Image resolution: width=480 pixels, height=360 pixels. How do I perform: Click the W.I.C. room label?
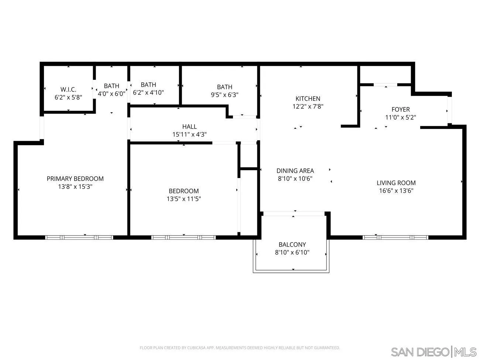click(68, 90)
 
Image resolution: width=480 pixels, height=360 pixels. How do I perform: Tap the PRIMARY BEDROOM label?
click(75, 179)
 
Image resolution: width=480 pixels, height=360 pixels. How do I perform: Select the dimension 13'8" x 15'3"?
click(75, 187)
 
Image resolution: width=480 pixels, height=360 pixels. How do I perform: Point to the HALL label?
click(189, 127)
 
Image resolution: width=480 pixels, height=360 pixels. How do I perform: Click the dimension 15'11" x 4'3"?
click(189, 134)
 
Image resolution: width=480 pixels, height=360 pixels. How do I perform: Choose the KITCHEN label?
click(308, 99)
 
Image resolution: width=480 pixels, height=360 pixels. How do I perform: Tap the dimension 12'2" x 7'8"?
click(308, 107)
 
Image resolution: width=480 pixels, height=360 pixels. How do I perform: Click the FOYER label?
click(401, 109)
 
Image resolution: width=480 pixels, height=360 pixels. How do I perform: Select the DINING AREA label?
click(295, 171)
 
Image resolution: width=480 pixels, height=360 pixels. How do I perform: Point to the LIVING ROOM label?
click(396, 183)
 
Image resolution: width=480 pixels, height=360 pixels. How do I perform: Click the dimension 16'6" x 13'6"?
click(396, 191)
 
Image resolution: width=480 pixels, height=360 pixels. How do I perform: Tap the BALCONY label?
click(292, 244)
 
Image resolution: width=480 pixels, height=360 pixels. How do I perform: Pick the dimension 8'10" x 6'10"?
click(292, 253)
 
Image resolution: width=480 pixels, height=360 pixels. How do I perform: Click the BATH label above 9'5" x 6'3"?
click(224, 87)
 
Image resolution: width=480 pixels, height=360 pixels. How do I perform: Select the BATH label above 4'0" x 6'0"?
click(112, 86)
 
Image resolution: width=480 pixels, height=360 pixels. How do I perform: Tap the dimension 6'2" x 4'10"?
click(148, 93)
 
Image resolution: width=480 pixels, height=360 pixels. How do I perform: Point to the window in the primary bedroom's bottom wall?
click(79, 237)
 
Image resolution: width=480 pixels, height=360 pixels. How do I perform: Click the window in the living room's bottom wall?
click(395, 237)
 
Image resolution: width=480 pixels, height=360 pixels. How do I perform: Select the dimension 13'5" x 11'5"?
click(184, 199)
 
